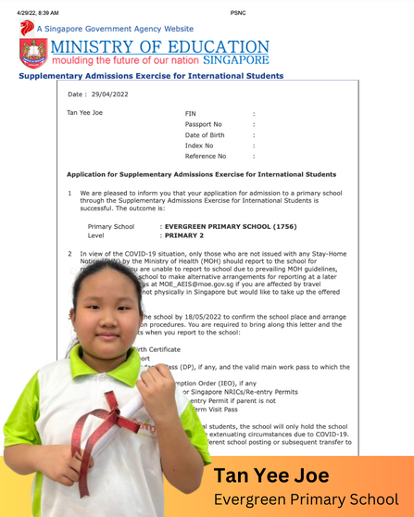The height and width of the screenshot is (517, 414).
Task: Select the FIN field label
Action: [191, 113]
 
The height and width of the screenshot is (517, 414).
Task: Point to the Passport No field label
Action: [204, 123]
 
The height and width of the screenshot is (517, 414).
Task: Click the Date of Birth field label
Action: [205, 134]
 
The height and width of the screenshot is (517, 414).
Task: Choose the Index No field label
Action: [199, 145]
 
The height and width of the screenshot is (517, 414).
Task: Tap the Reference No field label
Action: [206, 157]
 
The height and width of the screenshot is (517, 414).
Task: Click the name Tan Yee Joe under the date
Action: [85, 113]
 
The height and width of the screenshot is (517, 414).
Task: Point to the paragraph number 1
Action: [70, 193]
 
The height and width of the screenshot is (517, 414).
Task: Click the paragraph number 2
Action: [70, 252]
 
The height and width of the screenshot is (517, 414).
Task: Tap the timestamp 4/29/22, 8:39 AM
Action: [31, 12]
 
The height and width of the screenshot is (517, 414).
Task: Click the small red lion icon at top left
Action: [26, 28]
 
